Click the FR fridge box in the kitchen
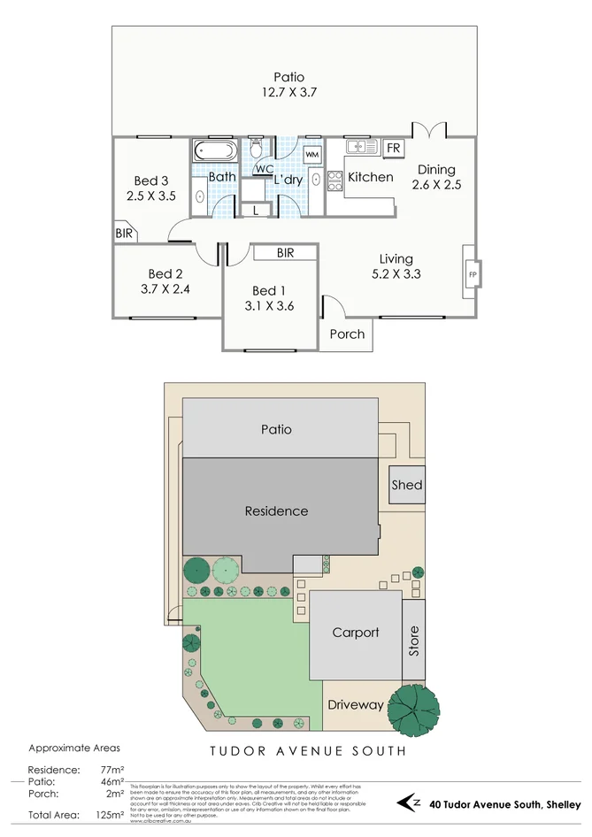tap(394, 147)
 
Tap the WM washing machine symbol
tap(311, 155)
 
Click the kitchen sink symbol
tap(361, 147)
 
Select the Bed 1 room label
tap(269, 290)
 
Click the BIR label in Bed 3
tap(123, 234)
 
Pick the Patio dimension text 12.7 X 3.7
tap(288, 92)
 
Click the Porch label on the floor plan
tap(347, 334)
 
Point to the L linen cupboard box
tap(256, 211)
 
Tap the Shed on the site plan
tap(407, 485)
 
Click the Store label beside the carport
tap(413, 641)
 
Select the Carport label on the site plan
tap(356, 633)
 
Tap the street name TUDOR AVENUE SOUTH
tap(308, 751)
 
